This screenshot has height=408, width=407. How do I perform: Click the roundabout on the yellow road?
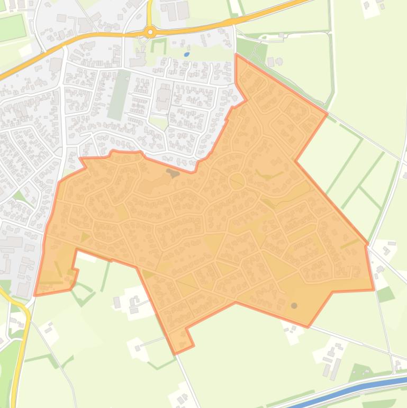coord(150,32)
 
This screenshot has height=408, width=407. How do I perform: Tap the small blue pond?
coord(186,54)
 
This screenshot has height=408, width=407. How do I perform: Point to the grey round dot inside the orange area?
coord(294,306)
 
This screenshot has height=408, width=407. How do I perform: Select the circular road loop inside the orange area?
coord(237,181)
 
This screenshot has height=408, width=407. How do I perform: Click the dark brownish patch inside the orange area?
coord(173,172)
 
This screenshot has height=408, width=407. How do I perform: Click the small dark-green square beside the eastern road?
coord(385,294)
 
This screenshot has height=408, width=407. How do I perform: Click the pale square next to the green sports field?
coord(25,50)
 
